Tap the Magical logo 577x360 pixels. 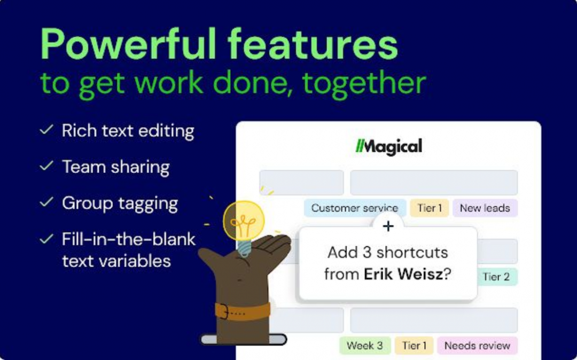click(x=388, y=146)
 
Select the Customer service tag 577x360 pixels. click(x=355, y=208)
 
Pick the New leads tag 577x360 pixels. click(x=485, y=208)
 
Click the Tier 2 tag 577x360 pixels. click(x=496, y=277)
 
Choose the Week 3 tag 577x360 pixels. click(x=365, y=346)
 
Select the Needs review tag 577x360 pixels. click(x=477, y=346)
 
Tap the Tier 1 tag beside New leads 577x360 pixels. click(x=430, y=208)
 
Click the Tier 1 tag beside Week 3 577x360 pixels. click(x=414, y=346)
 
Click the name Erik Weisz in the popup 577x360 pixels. click(x=403, y=275)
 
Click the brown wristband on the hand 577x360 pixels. click(x=243, y=311)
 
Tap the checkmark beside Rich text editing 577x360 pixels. click(x=46, y=130)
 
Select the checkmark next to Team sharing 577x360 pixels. click(x=46, y=166)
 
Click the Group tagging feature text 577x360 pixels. click(x=120, y=204)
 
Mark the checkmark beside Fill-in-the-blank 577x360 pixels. click(x=46, y=239)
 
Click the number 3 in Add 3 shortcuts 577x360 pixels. click(x=367, y=253)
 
